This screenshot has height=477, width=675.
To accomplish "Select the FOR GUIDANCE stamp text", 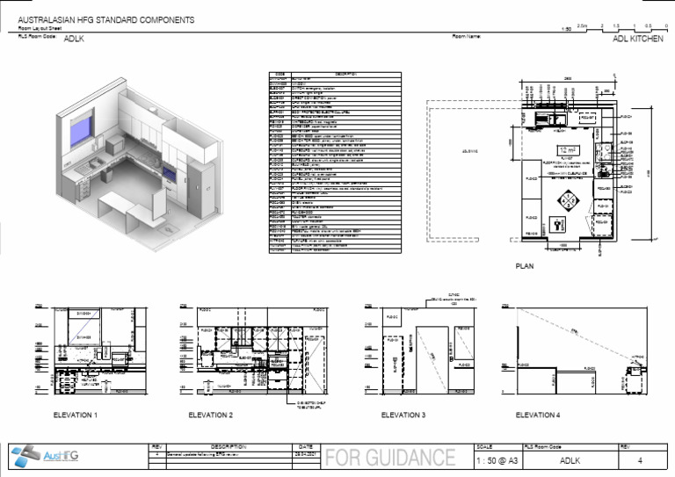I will (x=390, y=459).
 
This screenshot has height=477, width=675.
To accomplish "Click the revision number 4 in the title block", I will (x=639, y=459).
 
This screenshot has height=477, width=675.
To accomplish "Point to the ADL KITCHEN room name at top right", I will (x=637, y=40).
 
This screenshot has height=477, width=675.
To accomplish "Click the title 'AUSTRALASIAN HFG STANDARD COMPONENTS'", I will (x=107, y=19).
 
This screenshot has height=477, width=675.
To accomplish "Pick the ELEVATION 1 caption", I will (x=76, y=414).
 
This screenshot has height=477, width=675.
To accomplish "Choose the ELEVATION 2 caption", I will (x=211, y=414).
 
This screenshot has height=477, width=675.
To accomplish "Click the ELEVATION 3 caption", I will (x=403, y=414).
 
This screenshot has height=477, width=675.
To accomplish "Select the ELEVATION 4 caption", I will (x=538, y=414).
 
